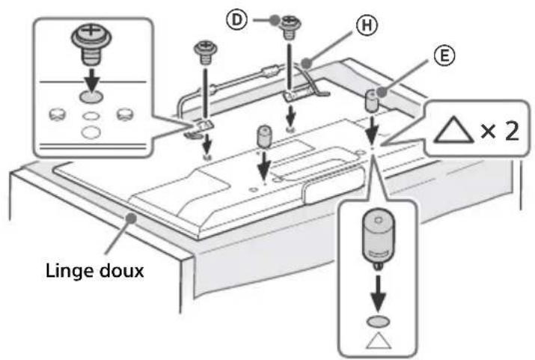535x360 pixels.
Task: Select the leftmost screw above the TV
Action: pos(204,52)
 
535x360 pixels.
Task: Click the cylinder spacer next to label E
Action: pos(370,99)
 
